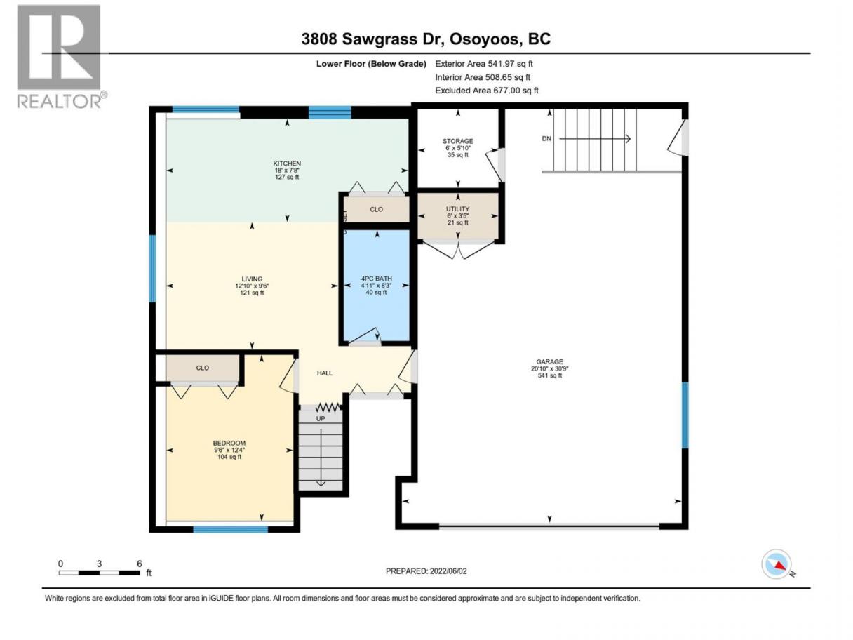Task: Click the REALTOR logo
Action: (61, 57)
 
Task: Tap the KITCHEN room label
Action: (287, 164)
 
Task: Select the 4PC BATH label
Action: (376, 279)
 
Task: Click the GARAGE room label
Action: (549, 362)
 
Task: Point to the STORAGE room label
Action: (458, 141)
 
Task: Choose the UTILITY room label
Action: (458, 209)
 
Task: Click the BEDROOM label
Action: (229, 443)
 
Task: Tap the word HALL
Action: (325, 373)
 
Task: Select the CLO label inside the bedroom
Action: (203, 368)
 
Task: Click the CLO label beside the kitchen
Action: (376, 209)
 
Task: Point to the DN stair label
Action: (546, 139)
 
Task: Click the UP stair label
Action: (321, 419)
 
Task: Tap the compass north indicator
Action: (777, 564)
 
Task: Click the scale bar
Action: (99, 573)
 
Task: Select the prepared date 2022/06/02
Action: (448, 571)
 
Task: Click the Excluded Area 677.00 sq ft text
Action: (487, 91)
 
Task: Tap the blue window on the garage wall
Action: (685, 415)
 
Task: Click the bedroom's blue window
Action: (231, 529)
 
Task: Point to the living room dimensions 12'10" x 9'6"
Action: (252, 286)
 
